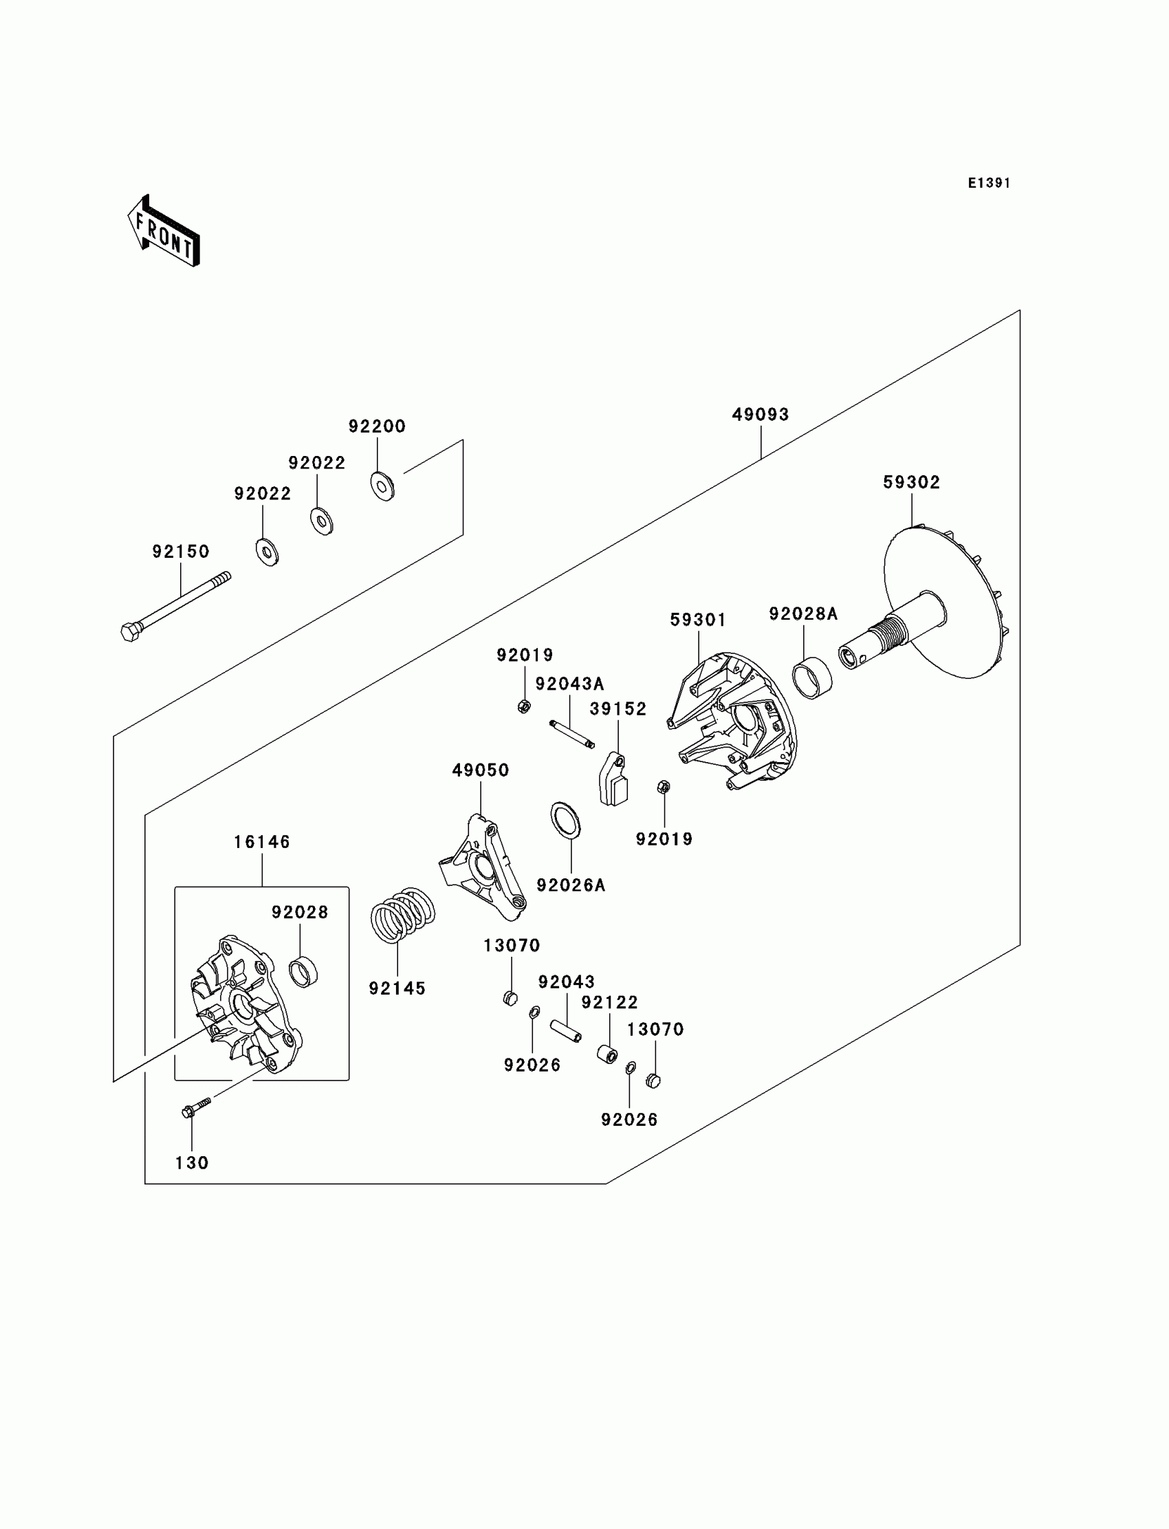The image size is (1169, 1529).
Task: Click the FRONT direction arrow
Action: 164,231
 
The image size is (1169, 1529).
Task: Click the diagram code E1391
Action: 989,183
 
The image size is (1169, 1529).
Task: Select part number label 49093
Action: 761,415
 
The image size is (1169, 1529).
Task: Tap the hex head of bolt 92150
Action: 131,632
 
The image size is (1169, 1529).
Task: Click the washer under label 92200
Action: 382,486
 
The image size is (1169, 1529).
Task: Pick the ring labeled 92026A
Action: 566,821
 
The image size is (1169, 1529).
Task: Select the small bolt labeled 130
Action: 195,1108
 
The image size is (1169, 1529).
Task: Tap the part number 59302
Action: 912,482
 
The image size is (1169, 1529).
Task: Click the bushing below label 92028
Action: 303,972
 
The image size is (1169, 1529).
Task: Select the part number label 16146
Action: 261,842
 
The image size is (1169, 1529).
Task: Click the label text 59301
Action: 698,620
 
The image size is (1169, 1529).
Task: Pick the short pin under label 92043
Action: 566,1032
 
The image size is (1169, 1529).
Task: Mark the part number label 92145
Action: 397,988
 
